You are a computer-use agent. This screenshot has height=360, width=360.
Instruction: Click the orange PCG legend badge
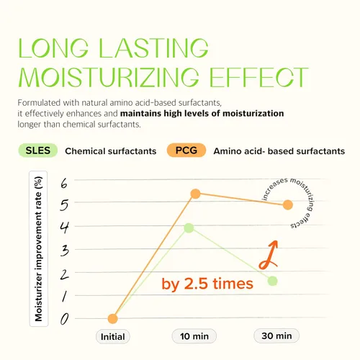click(x=186, y=150)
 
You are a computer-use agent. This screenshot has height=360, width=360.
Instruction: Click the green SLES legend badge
click(x=38, y=150)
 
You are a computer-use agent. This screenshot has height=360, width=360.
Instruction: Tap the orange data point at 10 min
click(x=196, y=194)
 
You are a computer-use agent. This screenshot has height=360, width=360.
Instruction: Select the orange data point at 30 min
click(x=288, y=204)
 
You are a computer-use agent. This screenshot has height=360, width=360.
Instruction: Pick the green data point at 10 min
click(x=189, y=228)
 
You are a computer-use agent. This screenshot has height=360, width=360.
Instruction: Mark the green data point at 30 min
click(x=272, y=281)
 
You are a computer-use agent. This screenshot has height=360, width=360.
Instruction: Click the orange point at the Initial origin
click(x=112, y=319)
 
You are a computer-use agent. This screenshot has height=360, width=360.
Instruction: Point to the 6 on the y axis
click(x=64, y=184)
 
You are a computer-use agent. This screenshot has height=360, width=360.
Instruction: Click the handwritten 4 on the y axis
click(x=64, y=228)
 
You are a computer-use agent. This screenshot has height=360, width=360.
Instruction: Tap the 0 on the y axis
click(x=64, y=320)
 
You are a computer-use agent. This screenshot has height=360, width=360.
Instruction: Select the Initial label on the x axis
click(x=113, y=337)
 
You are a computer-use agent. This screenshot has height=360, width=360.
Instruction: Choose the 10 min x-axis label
click(x=194, y=336)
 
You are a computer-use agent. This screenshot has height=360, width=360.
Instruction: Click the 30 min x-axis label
click(x=276, y=336)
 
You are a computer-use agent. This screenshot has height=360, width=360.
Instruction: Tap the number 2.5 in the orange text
click(x=196, y=284)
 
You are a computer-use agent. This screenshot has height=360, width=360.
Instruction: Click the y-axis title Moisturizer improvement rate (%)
click(x=38, y=249)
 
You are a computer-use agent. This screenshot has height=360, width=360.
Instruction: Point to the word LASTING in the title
click(x=153, y=48)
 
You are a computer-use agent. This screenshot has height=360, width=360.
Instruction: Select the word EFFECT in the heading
click(x=258, y=77)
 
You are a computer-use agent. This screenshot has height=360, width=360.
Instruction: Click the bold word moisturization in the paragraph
click(x=253, y=113)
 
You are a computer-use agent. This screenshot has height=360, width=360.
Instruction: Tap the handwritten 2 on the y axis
click(x=64, y=274)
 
